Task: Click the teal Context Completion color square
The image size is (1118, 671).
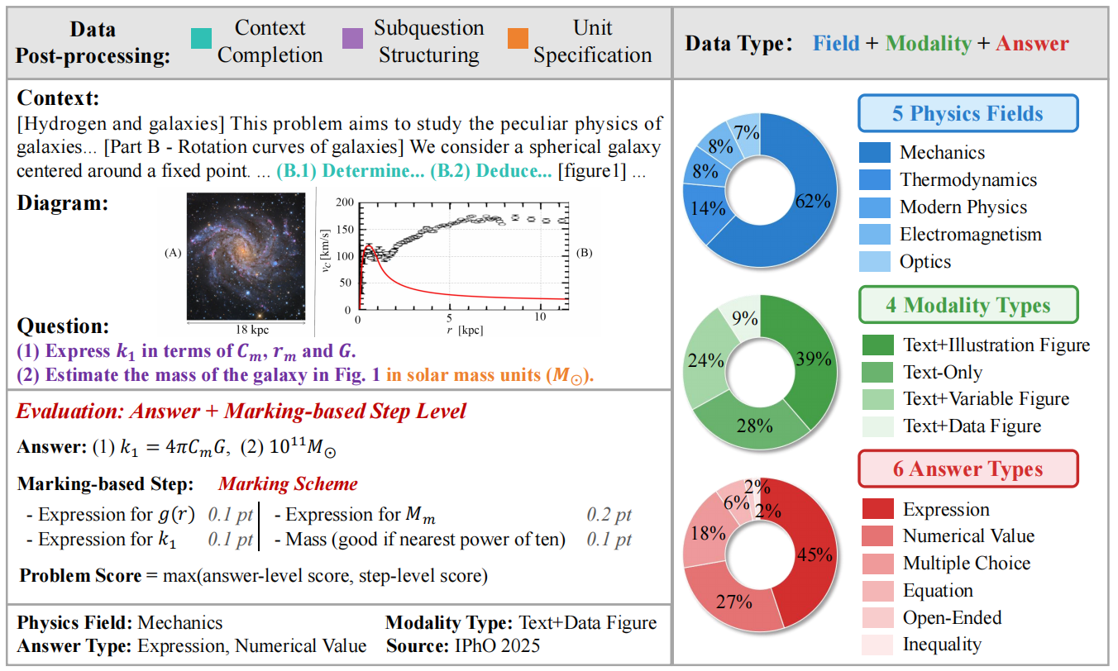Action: point(201,38)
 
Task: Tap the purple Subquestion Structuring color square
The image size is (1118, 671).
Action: point(352,38)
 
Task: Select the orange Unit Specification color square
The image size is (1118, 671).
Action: point(518,38)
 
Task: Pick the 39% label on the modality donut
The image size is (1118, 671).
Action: point(814,359)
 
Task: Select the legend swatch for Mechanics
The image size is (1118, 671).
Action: point(875,153)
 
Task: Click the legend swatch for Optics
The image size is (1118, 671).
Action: point(875,262)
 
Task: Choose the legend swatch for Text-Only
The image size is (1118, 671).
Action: point(878,373)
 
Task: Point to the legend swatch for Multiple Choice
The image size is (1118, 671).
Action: point(878,564)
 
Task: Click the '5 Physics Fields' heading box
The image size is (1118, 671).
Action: point(967,113)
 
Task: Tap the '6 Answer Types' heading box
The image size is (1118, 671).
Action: point(967,469)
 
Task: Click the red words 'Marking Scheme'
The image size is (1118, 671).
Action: point(288,483)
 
